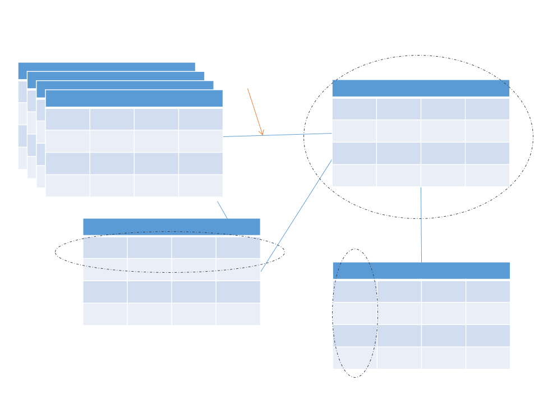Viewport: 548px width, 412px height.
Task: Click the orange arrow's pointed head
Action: (262, 134)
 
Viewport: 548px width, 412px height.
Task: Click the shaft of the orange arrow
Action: (254, 109)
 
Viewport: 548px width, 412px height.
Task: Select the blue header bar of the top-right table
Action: (421, 88)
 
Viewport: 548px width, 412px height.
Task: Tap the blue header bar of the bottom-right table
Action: (421, 271)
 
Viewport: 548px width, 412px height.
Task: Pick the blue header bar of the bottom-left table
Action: (172, 227)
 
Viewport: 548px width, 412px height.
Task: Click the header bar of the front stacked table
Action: (134, 98)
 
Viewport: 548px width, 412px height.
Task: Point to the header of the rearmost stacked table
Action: (107, 67)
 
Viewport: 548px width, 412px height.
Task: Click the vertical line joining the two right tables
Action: (421, 225)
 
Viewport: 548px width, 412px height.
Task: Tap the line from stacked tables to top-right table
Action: (278, 135)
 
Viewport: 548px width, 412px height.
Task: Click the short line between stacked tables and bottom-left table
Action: (222, 210)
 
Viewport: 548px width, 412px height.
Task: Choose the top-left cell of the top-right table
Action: (354, 109)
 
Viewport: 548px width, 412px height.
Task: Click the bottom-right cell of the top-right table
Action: (487, 175)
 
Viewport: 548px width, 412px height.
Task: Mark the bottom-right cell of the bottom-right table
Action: (488, 358)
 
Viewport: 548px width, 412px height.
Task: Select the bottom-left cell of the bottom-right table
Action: (354, 358)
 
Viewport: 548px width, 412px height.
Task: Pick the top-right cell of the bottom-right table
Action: (488, 291)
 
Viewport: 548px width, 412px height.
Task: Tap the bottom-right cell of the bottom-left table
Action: (238, 314)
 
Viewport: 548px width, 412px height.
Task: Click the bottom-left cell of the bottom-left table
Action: (105, 314)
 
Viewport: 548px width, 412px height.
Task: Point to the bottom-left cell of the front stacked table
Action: (67, 185)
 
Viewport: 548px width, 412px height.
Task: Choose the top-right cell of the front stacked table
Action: (201, 119)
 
